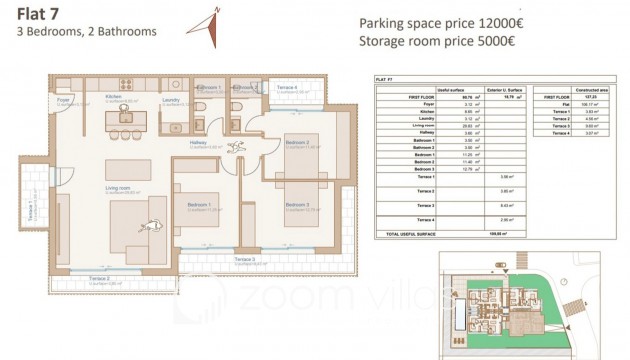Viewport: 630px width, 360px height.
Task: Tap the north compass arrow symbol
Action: pos(211,22)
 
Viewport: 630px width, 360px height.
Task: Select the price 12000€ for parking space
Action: pos(496,24)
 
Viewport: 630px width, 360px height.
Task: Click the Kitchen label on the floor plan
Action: pos(114,98)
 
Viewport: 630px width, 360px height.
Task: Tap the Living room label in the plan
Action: pos(120,185)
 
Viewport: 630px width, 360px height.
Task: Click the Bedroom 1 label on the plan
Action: pos(199,206)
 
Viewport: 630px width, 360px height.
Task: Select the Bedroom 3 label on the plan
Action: pos(295,205)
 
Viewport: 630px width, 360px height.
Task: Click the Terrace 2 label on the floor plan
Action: pos(99,278)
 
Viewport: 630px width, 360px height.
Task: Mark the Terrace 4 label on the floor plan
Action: pos(287,88)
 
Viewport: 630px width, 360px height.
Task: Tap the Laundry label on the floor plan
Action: pos(169,98)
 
